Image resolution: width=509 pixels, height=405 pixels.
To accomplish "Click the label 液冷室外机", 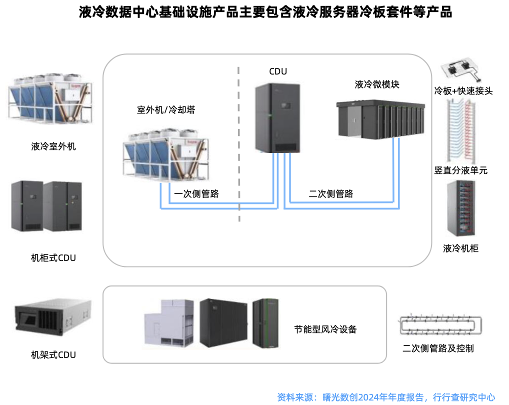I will coord(53,147).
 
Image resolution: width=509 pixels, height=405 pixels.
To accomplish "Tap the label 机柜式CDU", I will coord(53,258).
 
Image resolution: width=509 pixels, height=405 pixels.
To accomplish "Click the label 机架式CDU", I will coord(53,355).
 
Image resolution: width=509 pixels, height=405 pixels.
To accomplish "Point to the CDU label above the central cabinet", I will coord(278,71).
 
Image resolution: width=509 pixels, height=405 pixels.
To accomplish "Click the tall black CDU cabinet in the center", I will coord(277,118).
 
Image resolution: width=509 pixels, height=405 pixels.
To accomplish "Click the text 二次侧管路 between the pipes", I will coord(331,194).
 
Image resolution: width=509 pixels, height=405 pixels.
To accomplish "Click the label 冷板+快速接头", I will coord(463,91).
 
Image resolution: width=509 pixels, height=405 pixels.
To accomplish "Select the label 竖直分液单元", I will coord(461,170).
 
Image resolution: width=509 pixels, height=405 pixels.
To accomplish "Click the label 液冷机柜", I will coord(461,248).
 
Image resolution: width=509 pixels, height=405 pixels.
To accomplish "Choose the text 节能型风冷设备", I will coord(325,329).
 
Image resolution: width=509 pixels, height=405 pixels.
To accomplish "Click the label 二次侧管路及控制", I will coord(438,348).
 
